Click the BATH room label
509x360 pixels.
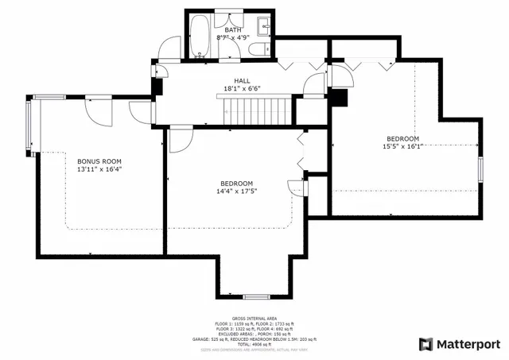click(x=233, y=30)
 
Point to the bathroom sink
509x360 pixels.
click(x=267, y=27)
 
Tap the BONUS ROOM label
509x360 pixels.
click(x=99, y=161)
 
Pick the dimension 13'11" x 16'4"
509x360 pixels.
click(x=99, y=169)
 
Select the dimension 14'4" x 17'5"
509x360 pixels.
click(x=237, y=192)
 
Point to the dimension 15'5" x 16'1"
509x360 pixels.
click(x=402, y=146)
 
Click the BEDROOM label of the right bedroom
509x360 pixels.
click(x=402, y=138)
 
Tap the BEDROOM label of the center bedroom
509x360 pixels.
click(x=237, y=184)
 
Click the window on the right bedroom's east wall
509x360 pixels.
click(x=480, y=171)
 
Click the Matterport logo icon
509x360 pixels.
click(x=425, y=344)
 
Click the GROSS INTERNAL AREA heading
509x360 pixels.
click(x=254, y=317)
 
